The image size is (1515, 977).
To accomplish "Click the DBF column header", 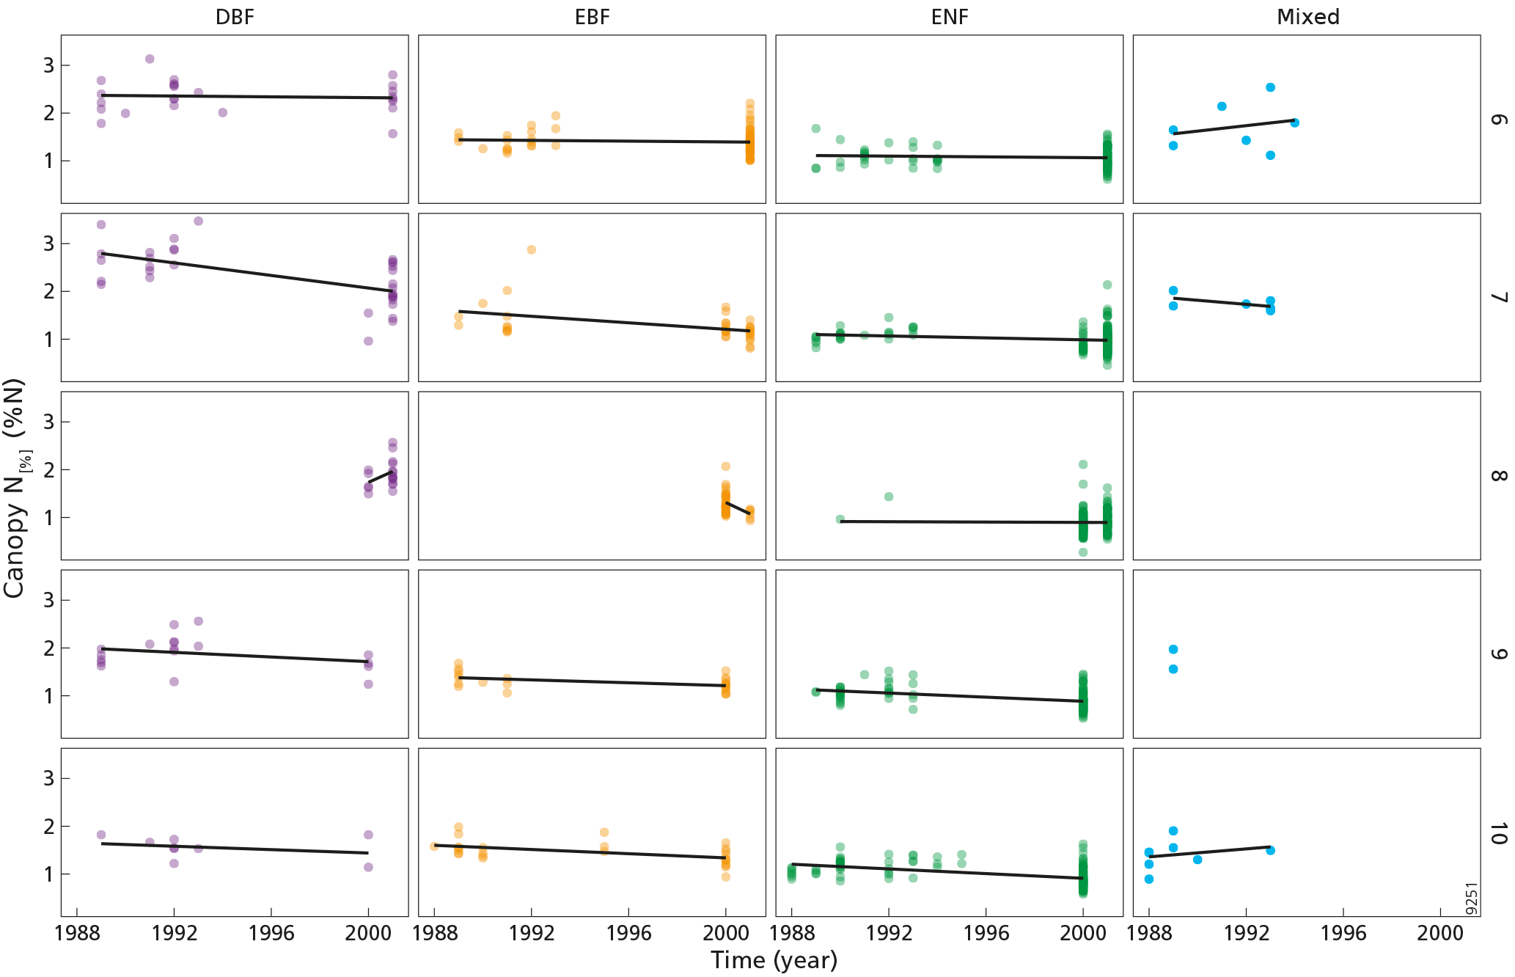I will pos(235,17).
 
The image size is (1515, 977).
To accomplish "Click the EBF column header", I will pos(592,17).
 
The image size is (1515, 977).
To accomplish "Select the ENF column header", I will pos(950,17).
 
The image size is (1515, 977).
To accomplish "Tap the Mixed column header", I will pos(1307,17).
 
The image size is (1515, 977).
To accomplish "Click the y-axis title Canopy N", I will pos(15,488).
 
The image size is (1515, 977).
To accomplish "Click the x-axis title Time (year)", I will pos(774,960).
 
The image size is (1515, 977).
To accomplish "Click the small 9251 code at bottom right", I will pos(1471,898).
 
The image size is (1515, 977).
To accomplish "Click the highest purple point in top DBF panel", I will pos(150,59).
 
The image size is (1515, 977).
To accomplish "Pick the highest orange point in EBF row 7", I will pos(532,249).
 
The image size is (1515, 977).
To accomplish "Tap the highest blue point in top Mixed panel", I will pos(1271,87).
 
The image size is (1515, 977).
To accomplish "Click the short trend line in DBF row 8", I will pos(380,477).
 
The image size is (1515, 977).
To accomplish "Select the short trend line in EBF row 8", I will pos(738,508).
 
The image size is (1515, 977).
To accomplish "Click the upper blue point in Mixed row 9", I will pos(1173,649).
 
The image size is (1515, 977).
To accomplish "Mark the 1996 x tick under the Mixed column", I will pos(1343,933).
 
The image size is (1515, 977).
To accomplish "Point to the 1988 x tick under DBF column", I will pos(77,933).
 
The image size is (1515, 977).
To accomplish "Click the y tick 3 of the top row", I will pos(48,65).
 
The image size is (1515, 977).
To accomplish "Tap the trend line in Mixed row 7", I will pos(1222,302).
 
